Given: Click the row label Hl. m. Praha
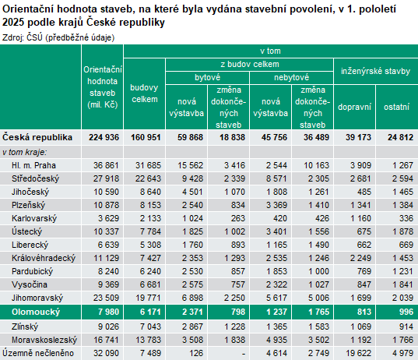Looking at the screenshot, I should (33, 165).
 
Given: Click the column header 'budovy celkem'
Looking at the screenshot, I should (145, 93).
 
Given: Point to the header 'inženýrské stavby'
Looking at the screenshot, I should (376, 71).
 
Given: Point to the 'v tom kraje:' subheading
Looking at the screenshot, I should (24, 151).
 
